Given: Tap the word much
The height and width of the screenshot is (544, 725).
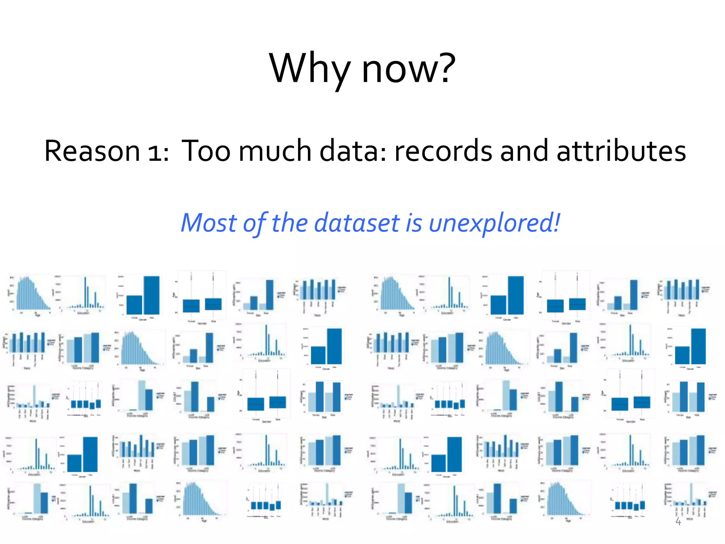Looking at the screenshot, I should (275, 151).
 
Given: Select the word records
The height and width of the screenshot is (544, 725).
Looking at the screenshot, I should (443, 151).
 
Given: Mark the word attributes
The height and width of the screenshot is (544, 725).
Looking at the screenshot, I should (621, 151).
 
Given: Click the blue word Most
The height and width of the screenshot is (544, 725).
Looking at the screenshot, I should (209, 223).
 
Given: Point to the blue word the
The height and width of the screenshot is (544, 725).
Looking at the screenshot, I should (290, 223).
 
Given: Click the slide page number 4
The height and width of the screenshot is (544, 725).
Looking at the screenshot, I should (678, 521).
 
